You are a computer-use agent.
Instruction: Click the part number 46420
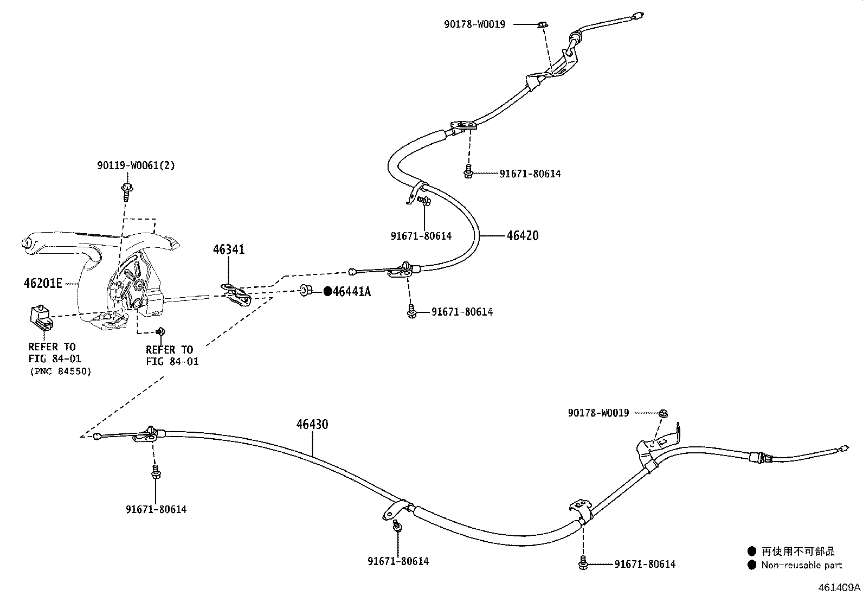[x=523, y=236]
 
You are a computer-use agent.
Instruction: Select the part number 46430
[x=312, y=424]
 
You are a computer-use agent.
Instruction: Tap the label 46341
[x=229, y=249]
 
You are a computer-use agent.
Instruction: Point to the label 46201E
[x=43, y=283]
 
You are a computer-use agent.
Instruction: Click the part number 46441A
[x=352, y=292]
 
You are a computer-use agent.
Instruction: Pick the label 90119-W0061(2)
[x=136, y=165]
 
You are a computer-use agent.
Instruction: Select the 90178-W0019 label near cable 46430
[x=598, y=413]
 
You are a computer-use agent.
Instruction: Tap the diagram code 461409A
[x=839, y=587]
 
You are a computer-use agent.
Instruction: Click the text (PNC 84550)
[x=60, y=371]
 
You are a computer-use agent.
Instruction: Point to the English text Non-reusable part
[x=802, y=565]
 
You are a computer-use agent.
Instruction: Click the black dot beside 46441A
[x=327, y=292]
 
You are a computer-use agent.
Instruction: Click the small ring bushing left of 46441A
[x=305, y=291]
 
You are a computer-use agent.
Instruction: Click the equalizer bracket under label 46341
[x=237, y=293]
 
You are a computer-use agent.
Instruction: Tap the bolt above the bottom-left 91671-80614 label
[x=156, y=472]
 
